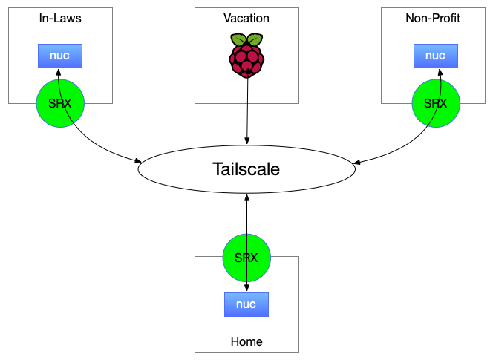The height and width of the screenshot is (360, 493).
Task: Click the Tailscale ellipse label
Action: tap(246, 168)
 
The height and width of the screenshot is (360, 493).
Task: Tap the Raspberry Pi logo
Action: tap(246, 56)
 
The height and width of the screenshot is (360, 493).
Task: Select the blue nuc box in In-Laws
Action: tap(60, 56)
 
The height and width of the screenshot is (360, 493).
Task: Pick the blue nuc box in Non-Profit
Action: tap(435, 56)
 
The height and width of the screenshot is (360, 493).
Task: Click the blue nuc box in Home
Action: tap(246, 304)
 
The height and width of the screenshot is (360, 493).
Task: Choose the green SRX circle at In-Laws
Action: tap(60, 103)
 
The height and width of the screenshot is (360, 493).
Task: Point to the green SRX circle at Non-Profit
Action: tap(436, 103)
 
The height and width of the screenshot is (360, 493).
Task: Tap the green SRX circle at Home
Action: tap(246, 258)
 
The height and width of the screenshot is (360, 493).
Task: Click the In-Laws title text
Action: tap(60, 19)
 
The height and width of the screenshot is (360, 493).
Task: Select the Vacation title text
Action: tap(246, 19)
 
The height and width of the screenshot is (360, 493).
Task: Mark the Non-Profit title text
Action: tap(433, 19)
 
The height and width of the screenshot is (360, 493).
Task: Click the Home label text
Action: tap(246, 341)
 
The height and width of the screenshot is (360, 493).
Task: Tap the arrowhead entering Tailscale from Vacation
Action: tap(246, 141)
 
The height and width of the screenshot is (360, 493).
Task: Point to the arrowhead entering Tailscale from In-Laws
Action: tap(139, 160)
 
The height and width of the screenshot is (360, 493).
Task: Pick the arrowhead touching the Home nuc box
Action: tap(246, 289)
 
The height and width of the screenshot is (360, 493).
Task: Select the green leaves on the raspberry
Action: tap(246, 40)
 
